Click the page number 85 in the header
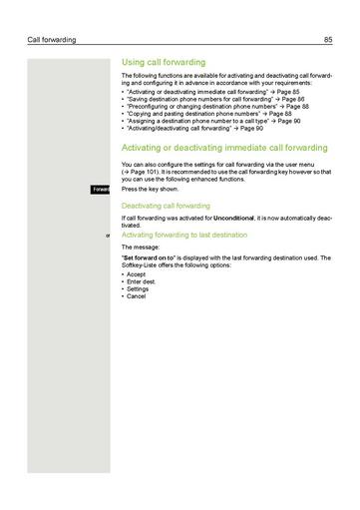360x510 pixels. coord(327,39)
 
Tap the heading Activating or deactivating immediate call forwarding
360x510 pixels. coord(222,147)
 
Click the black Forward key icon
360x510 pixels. coord(101,188)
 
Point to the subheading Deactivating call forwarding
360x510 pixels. coord(166,205)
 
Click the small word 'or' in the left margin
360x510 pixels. coord(107,235)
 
